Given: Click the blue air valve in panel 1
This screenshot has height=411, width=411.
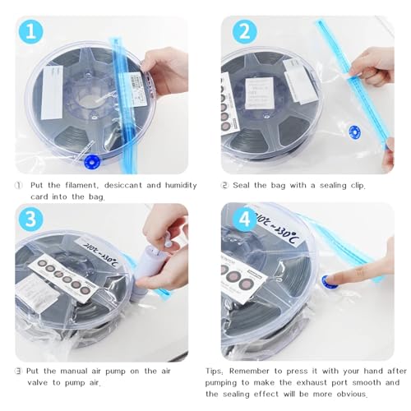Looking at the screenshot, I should tap(91, 161).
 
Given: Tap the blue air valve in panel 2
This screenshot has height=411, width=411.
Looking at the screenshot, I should tap(355, 130).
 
